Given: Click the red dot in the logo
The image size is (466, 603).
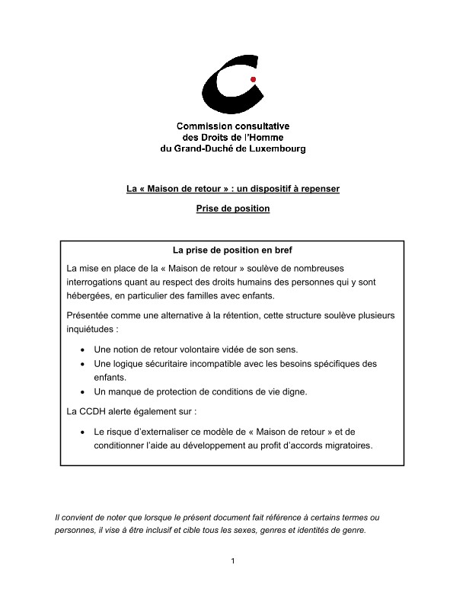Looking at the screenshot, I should pos(253,79).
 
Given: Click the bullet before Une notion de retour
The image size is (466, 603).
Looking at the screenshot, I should pos(82,349).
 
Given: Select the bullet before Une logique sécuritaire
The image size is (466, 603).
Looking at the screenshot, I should pos(82,364).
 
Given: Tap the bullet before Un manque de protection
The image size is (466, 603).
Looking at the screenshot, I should pos(82,392).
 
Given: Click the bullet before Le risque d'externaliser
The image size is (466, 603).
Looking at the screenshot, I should pos(82,432).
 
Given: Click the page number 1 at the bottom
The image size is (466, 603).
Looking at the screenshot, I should pos(232,562).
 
